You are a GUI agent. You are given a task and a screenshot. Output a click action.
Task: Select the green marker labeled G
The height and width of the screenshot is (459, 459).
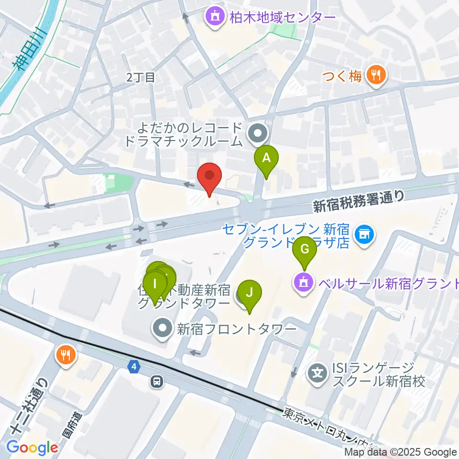[305, 249]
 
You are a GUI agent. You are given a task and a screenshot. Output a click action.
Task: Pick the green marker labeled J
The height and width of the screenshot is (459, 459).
[249, 292]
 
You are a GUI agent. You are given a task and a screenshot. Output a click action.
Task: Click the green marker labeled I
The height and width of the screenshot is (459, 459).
[154, 284]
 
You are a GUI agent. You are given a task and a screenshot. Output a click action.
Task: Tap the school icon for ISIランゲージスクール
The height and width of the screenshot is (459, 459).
[317, 372]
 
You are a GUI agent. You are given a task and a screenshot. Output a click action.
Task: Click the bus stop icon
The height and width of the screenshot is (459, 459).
[156, 381]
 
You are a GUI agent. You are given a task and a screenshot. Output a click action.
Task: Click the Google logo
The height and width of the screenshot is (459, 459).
[32, 448]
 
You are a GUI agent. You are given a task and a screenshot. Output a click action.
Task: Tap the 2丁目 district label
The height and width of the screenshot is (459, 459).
[141, 77]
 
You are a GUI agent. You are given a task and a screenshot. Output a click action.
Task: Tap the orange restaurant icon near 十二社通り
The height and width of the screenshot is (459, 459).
[65, 355]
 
